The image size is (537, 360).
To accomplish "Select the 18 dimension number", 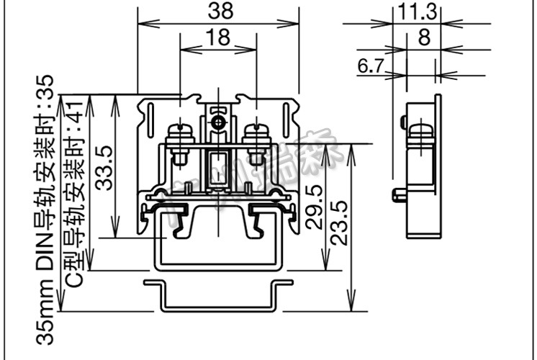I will coord(218,38).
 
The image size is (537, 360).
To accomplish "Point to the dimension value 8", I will coord(424,37).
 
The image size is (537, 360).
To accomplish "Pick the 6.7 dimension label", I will coord(370,66).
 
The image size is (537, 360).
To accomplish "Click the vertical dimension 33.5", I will coord(104,167).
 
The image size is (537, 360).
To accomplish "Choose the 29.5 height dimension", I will coord(314,207).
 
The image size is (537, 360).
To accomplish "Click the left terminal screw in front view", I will coord(179,135).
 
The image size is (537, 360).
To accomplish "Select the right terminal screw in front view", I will coord(256,135).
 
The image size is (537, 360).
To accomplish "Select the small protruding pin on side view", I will coord(397,194).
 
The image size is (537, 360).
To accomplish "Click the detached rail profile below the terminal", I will coord(218,295).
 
